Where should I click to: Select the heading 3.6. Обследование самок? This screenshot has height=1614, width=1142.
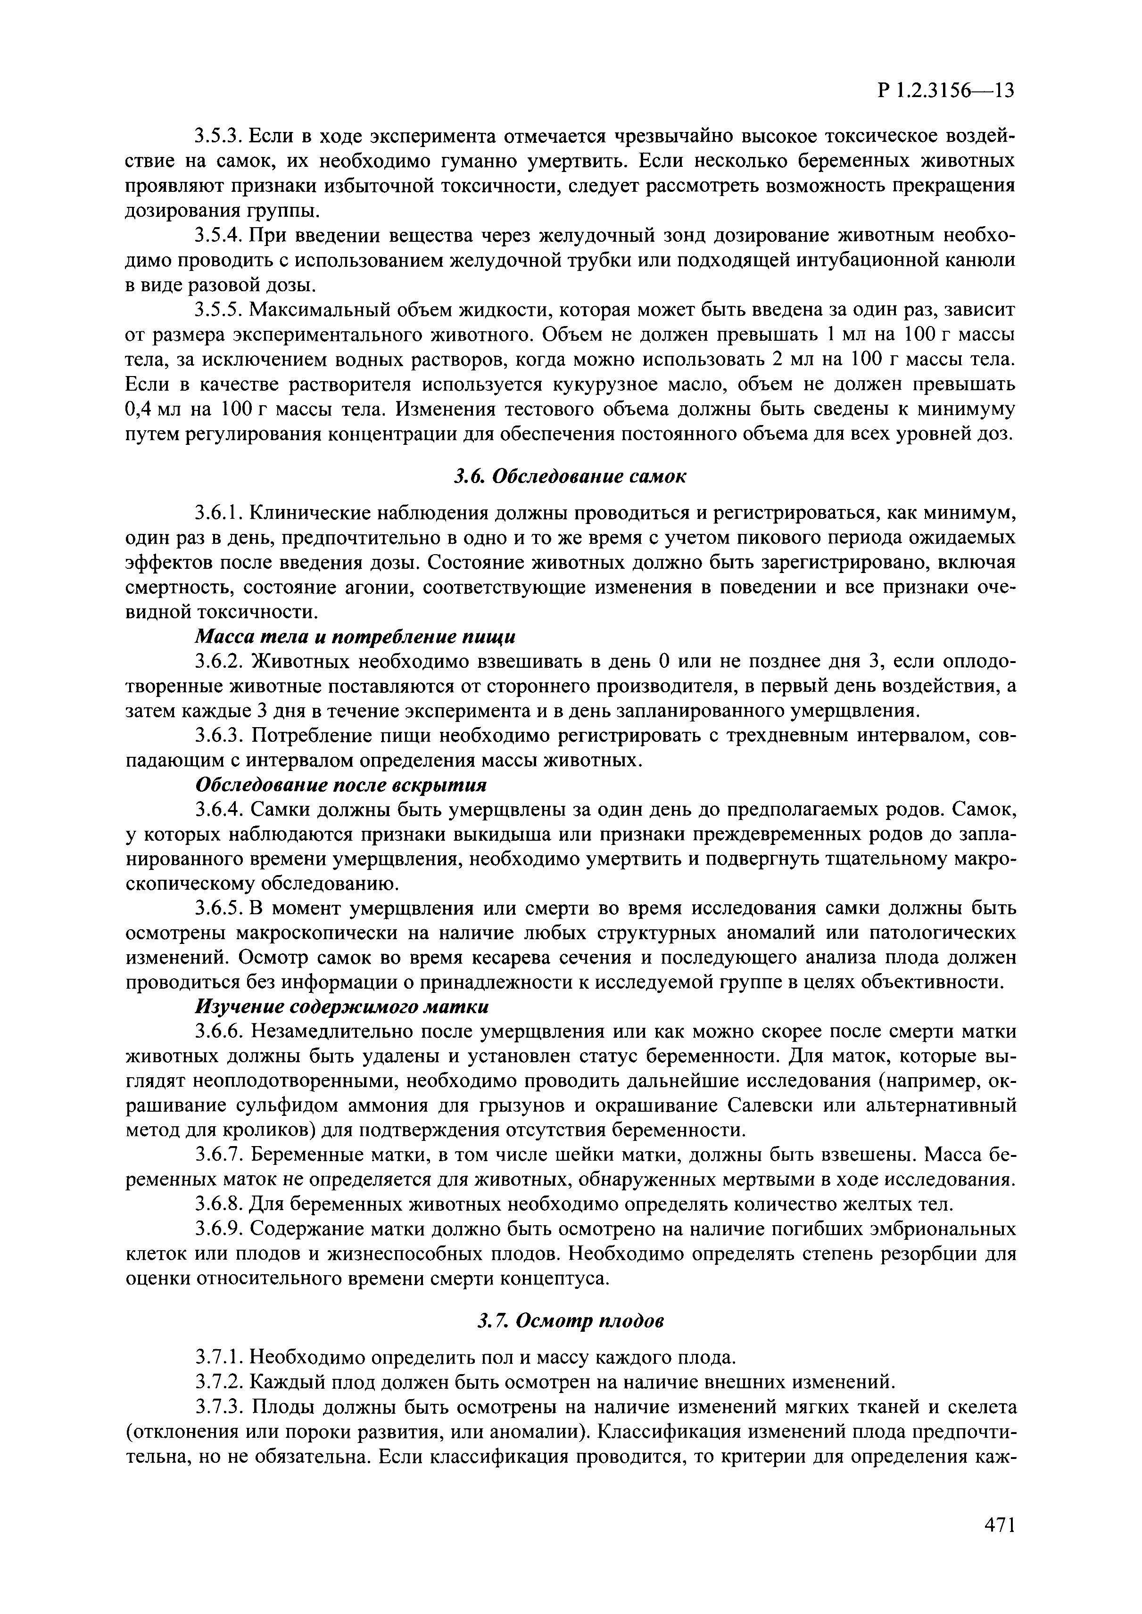(570, 476)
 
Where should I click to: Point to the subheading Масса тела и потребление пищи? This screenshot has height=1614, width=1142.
(355, 637)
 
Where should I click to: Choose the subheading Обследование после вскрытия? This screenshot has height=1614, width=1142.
(340, 785)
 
